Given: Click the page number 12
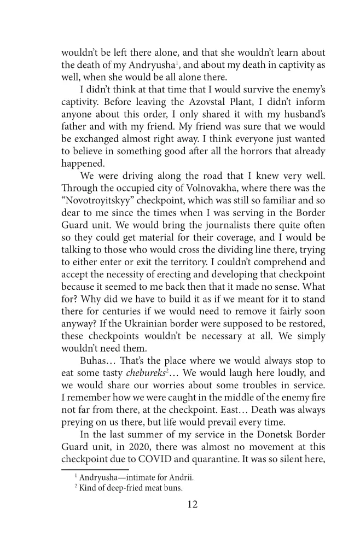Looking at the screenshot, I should click(x=191, y=504).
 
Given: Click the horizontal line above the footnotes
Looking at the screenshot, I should click(x=95, y=469).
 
